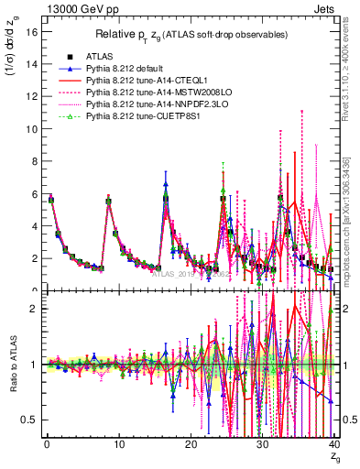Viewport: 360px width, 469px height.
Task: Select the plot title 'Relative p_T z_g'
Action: coord(188,35)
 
